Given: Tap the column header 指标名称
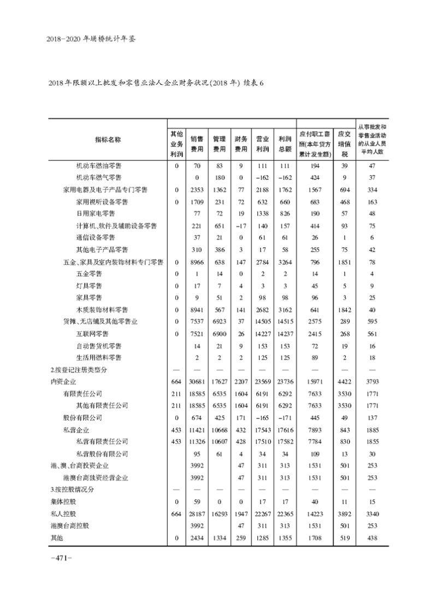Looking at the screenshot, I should pos(108,139).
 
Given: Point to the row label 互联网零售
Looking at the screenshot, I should pos(92,334).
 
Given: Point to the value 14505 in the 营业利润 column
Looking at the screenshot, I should pos(262,322).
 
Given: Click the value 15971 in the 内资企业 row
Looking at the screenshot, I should pos(316,382).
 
